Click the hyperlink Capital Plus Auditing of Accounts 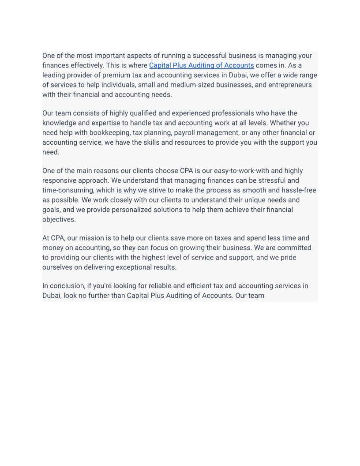click(x=201, y=65)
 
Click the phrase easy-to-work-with click(x=241, y=171)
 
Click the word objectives click(x=59, y=219)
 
